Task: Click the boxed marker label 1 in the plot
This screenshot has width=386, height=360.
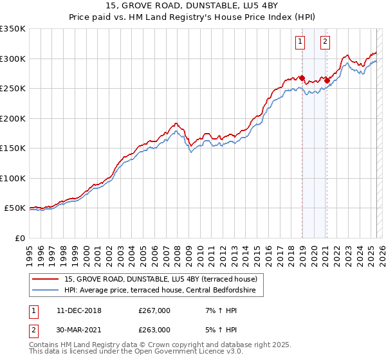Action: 300,42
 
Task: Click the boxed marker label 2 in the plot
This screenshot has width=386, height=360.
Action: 325,42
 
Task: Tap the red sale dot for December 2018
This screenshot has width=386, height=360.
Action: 302,78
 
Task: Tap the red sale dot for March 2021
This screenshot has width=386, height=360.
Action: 327,80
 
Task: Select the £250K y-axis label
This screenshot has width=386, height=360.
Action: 13,88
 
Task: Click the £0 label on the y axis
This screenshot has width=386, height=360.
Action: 19,238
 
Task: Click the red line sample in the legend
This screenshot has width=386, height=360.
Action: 46,279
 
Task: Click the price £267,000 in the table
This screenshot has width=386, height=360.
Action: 154,310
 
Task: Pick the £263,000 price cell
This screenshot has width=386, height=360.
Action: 154,330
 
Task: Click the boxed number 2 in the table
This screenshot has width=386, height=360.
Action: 33,330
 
